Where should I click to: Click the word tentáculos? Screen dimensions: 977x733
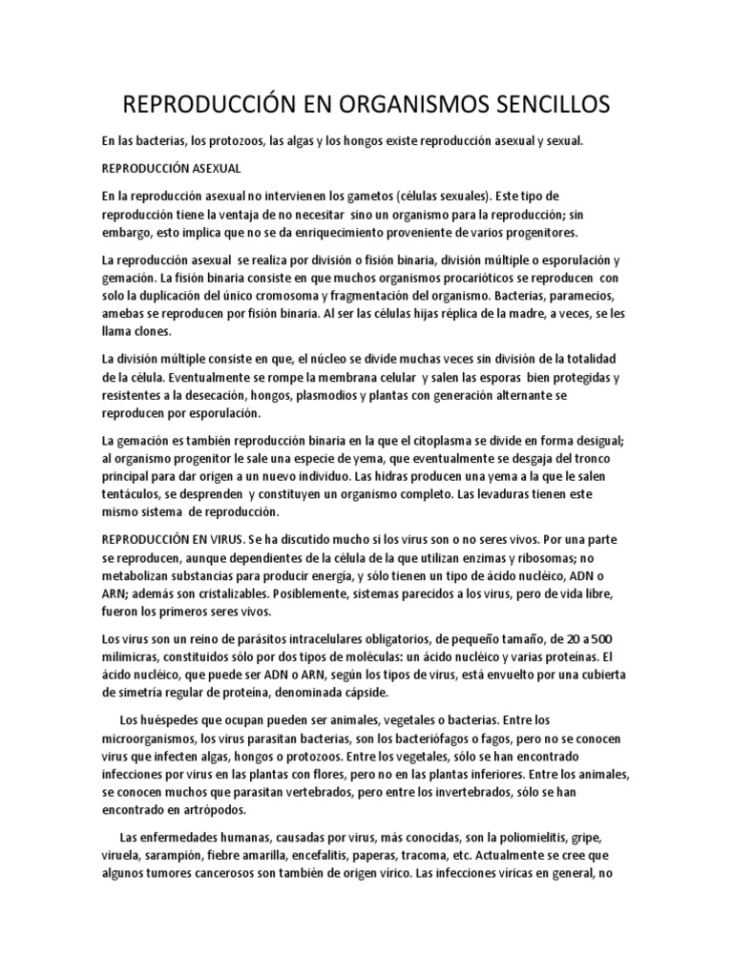pyautogui.click(x=133, y=497)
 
